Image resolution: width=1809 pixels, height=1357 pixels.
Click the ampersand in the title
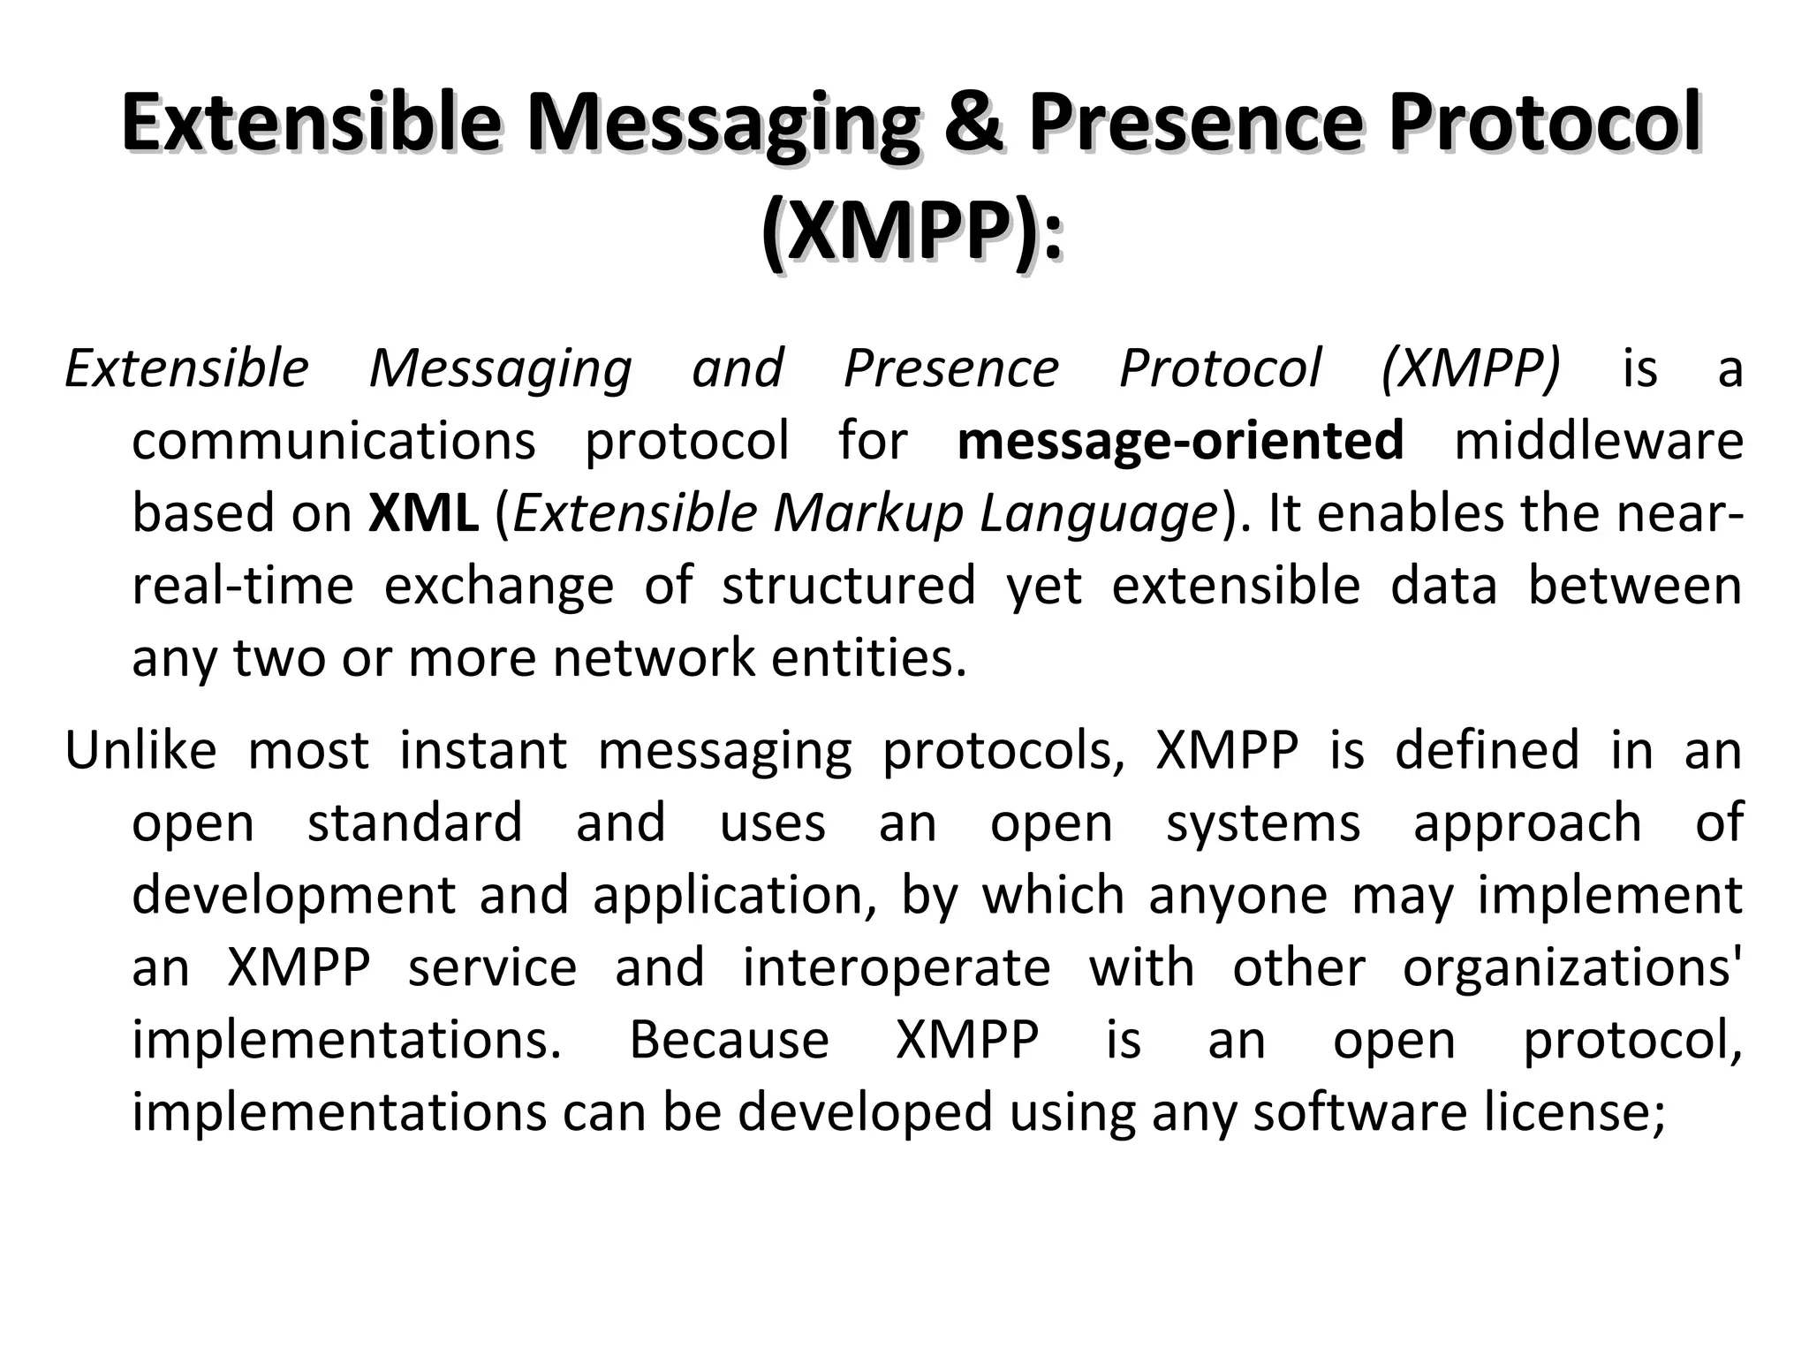pyautogui.click(x=972, y=124)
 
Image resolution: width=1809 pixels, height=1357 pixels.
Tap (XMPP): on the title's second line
pyautogui.click(x=912, y=233)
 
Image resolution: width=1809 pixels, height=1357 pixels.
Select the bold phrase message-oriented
pyautogui.click(x=1180, y=440)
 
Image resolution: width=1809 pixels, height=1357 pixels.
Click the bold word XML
pyautogui.click(x=423, y=512)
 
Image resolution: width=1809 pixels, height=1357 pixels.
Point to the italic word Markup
pyautogui.click(x=867, y=514)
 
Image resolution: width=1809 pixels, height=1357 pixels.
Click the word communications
pyautogui.click(x=333, y=440)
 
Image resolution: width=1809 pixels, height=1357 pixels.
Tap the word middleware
pyautogui.click(x=1598, y=440)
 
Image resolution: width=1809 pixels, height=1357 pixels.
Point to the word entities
pyautogui.click(x=869, y=658)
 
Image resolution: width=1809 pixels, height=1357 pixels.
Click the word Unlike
pyautogui.click(x=140, y=750)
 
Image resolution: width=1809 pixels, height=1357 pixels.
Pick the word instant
pyautogui.click(x=482, y=750)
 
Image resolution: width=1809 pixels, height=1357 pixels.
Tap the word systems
pyautogui.click(x=1262, y=824)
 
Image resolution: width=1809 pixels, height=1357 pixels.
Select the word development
pyautogui.click(x=293, y=896)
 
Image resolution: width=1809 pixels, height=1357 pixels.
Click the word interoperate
pyautogui.click(x=896, y=967)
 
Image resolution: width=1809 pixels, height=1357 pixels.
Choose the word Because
pyautogui.click(x=729, y=1040)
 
